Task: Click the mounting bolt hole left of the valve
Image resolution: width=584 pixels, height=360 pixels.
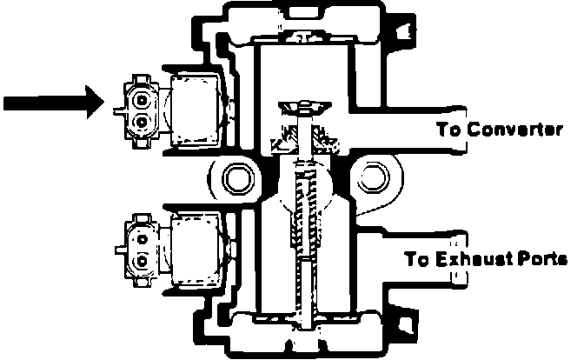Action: (x=235, y=180)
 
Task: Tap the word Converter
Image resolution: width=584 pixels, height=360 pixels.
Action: (x=516, y=130)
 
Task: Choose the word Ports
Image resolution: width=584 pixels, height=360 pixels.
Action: (x=542, y=260)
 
